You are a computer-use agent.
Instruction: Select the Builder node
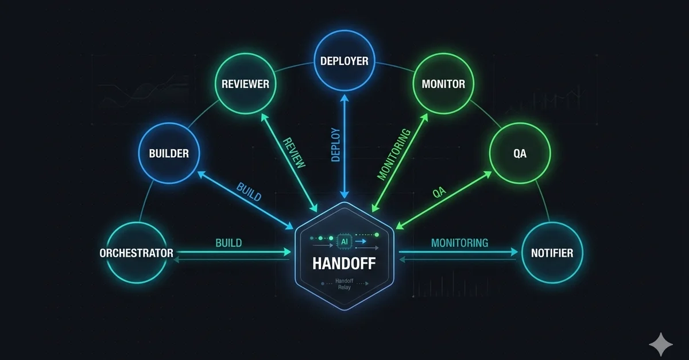coord(169,153)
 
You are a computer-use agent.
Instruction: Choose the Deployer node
coord(344,61)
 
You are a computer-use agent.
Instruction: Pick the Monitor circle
coord(443,84)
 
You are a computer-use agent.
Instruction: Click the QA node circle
coord(520,154)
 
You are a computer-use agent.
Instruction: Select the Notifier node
coord(551,253)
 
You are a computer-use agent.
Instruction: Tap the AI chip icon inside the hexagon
coord(344,242)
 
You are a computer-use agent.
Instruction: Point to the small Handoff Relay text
coord(344,284)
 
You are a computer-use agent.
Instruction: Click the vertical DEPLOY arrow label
coord(336,145)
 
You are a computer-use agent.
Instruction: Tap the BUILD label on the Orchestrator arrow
coord(229,243)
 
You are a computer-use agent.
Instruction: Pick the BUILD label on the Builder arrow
coord(247,192)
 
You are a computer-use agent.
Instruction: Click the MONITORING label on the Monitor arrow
coord(394,154)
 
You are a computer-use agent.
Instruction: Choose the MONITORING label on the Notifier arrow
coord(459,243)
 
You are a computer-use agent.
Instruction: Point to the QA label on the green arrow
coord(439,193)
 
